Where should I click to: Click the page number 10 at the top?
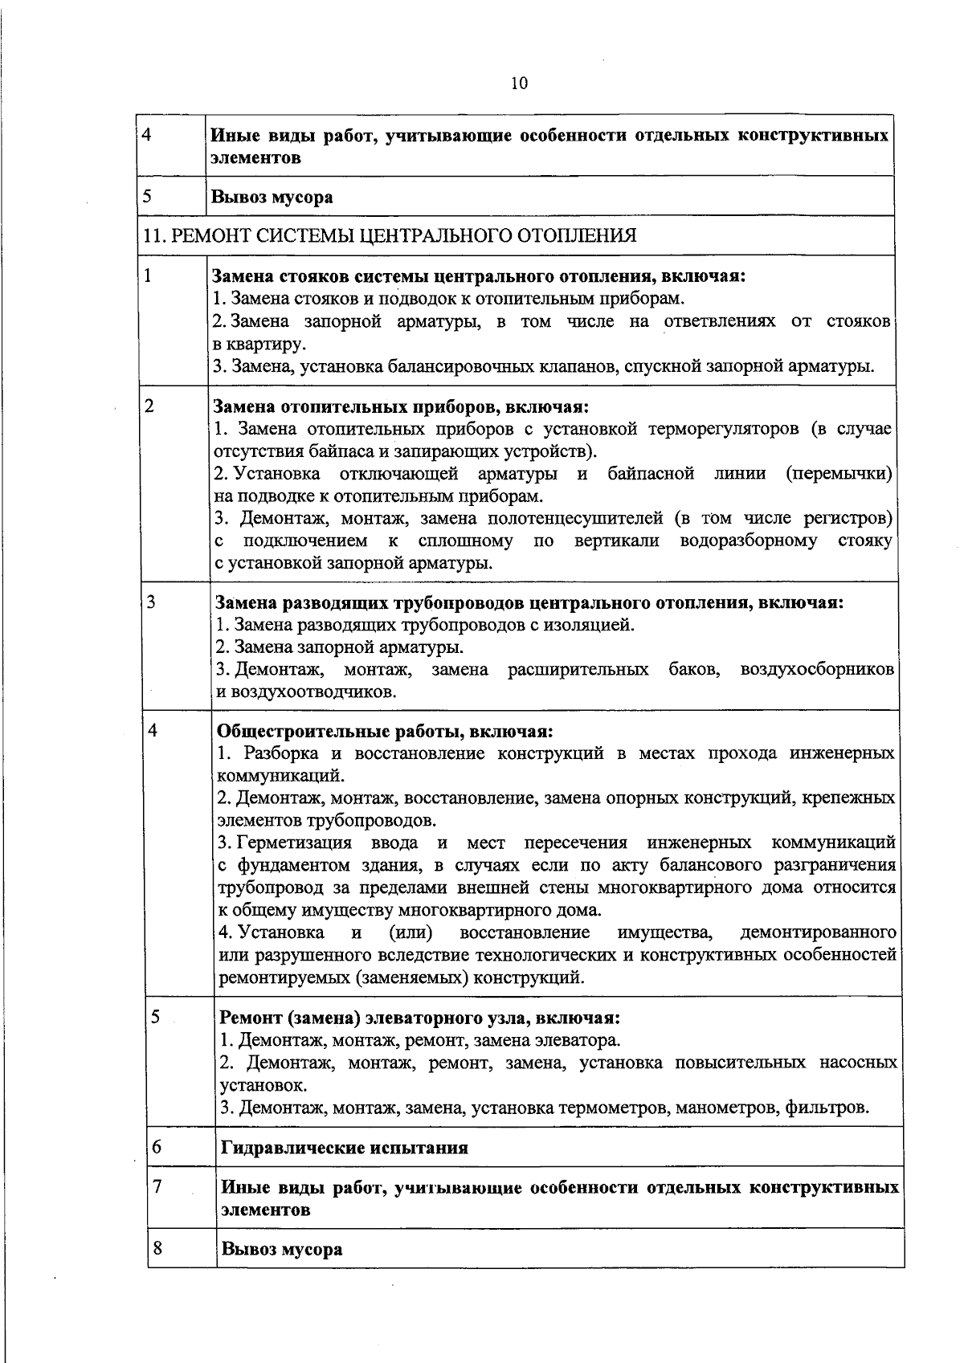pos(518,84)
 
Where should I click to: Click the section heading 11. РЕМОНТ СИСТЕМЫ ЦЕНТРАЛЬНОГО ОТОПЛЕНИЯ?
pos(390,235)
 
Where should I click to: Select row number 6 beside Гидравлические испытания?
pos(157,1146)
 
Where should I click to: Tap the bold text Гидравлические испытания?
pos(344,1148)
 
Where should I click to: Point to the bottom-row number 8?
pos(157,1248)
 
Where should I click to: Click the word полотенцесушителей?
pos(574,518)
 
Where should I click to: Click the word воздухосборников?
pos(817,669)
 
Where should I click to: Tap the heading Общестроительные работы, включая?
pos(386,732)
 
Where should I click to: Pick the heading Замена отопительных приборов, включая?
pos(401,406)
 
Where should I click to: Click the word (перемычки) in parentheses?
pos(839,473)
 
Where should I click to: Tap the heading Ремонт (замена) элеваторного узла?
pos(419,1018)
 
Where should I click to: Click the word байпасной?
pos(651,473)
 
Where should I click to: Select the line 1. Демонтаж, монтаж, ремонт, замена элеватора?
pos(420,1041)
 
